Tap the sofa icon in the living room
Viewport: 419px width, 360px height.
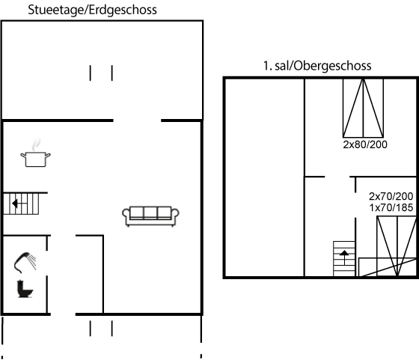pyautogui.click(x=150, y=216)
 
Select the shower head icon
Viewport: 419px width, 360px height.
pyautogui.click(x=25, y=262)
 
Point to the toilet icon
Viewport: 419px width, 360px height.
pyautogui.click(x=25, y=289)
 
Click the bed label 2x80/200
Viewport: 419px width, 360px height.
pyautogui.click(x=365, y=144)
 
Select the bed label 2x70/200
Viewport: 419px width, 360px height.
pyautogui.click(x=391, y=196)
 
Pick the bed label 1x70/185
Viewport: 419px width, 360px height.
pyautogui.click(x=391, y=207)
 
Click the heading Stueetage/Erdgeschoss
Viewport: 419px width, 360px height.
pyautogui.click(x=92, y=10)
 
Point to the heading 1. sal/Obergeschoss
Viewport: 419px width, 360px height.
pyautogui.click(x=317, y=66)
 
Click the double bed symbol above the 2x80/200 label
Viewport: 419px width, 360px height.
pyautogui.click(x=363, y=108)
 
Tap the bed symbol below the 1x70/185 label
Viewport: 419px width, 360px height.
pyautogui.click(x=397, y=246)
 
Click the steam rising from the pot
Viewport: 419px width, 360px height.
pyautogui.click(x=36, y=144)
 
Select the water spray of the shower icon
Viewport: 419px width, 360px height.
pyautogui.click(x=32, y=262)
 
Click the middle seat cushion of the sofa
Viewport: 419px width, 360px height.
pyautogui.click(x=150, y=213)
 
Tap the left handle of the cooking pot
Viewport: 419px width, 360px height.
pyautogui.click(x=23, y=155)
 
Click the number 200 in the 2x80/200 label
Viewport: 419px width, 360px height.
pyautogui.click(x=379, y=144)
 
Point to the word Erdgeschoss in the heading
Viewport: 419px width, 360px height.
pyautogui.click(x=123, y=10)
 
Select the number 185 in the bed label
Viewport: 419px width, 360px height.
pyautogui.click(x=405, y=207)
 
